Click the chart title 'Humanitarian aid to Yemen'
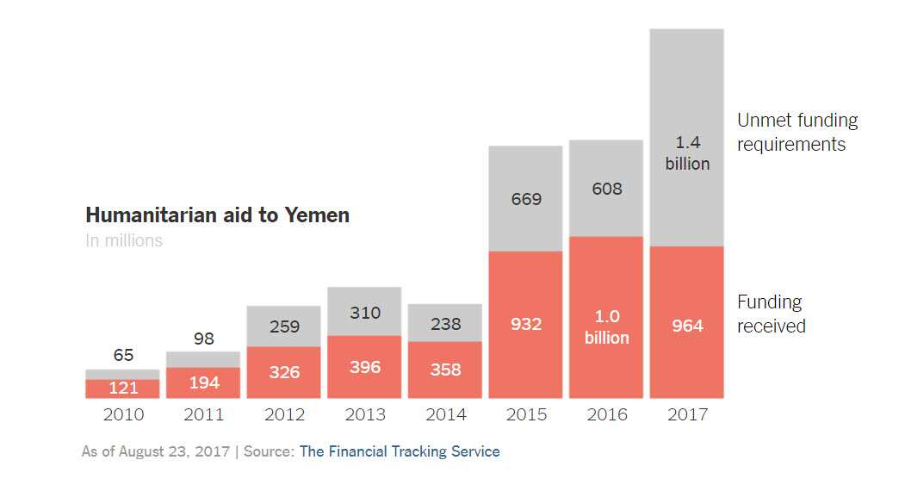(x=217, y=215)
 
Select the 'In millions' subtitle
(x=124, y=241)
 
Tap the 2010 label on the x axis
(x=123, y=415)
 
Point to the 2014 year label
(x=445, y=415)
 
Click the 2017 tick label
(x=687, y=415)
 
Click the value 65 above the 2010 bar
(x=123, y=355)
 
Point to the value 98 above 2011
(x=204, y=339)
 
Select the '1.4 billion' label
(x=687, y=153)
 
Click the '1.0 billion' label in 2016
(x=607, y=327)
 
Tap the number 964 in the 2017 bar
(x=687, y=326)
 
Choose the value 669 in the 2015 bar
(x=526, y=199)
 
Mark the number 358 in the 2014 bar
(x=445, y=370)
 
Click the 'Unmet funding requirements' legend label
(x=797, y=133)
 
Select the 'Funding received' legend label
(x=772, y=314)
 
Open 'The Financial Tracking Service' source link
(x=400, y=451)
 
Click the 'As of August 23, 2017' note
(x=156, y=451)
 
